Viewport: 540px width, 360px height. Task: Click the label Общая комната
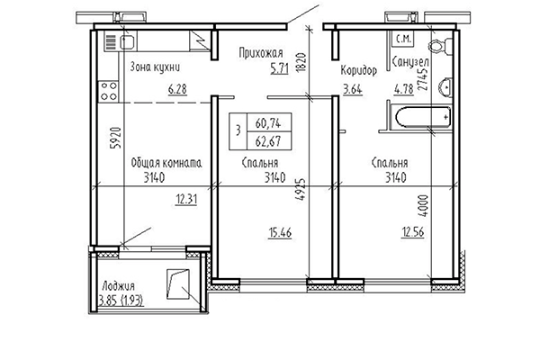165,163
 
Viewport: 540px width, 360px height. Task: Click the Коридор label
358,72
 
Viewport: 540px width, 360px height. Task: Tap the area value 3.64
351,88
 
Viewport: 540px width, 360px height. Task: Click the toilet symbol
438,47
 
